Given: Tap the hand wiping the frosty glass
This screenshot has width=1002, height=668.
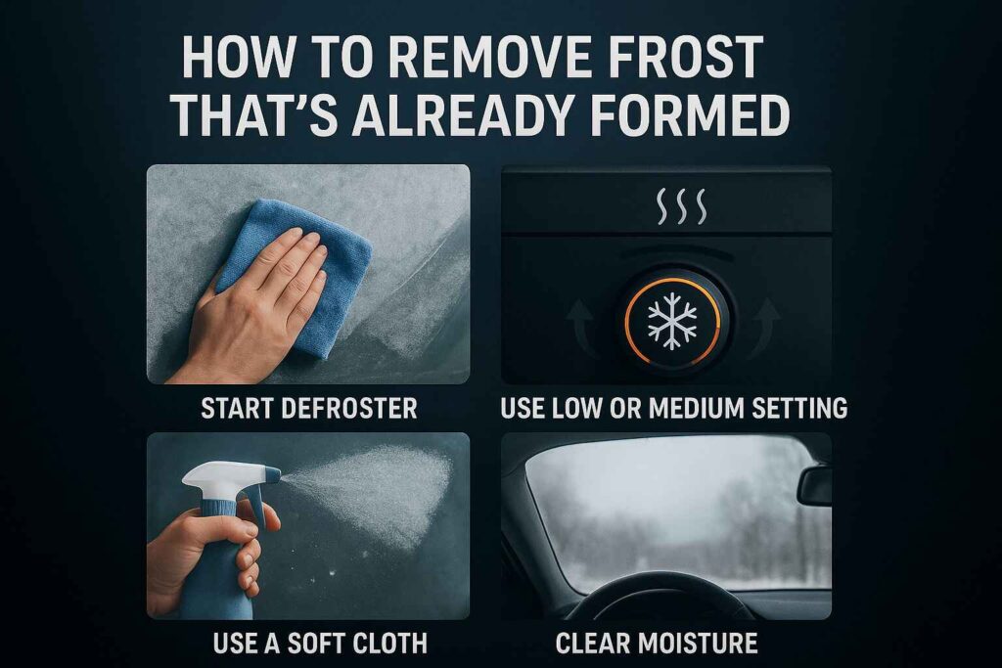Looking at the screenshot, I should click(250, 308).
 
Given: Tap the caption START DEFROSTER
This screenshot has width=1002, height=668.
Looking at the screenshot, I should click(308, 408).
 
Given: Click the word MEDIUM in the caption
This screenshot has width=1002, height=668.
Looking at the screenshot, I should click(706, 408).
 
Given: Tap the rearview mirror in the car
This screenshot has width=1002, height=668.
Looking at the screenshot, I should click(814, 486).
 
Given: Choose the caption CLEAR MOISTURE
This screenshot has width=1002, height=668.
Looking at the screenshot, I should click(657, 643).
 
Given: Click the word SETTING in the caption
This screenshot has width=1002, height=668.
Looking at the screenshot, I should click(797, 408).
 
